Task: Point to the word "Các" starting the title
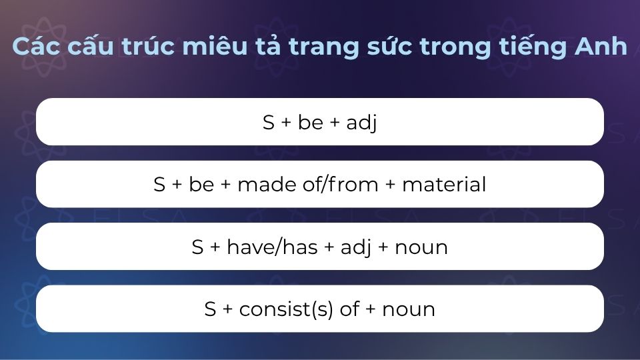34,47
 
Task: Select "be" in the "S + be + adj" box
311,123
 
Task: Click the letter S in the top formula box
269,123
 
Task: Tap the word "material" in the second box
444,185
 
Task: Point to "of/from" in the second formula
338,185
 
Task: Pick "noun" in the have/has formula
421,247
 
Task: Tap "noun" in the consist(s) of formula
409,309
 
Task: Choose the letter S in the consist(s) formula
211,309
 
